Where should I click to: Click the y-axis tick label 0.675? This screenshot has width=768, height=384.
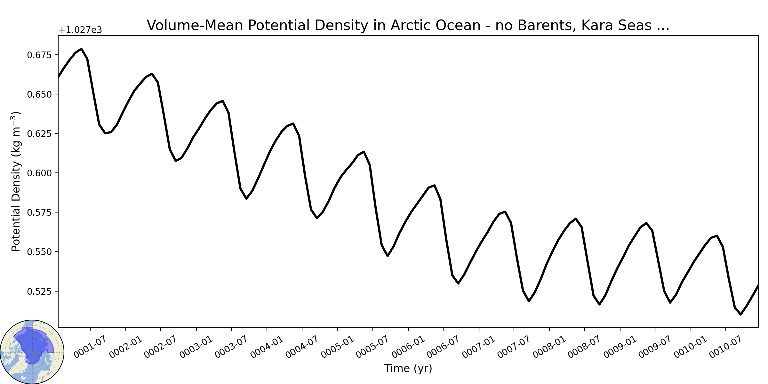[x=39, y=55]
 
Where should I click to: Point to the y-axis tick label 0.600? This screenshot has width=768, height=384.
[x=39, y=173]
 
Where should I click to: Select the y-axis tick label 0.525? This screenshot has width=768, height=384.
[x=39, y=291]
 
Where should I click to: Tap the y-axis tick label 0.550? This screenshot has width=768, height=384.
[x=39, y=252]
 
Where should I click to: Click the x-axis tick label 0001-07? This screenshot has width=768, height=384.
[x=90, y=347]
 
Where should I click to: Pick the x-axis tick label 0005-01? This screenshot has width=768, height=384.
[x=337, y=347]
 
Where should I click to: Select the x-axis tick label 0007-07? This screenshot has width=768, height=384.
[x=514, y=347]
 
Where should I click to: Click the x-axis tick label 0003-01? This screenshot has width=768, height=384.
[x=196, y=347]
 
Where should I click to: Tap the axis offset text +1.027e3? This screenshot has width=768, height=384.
[x=80, y=30]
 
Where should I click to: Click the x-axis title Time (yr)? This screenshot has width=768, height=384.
[x=408, y=368]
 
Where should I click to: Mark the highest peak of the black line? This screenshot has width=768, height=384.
[x=82, y=49]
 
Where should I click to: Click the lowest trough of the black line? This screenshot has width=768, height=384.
[x=740, y=315]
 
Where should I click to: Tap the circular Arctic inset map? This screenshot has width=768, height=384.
[x=32, y=352]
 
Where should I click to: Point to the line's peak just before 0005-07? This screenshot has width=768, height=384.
[x=364, y=152]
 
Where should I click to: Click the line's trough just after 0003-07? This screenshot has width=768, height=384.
[x=246, y=199]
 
